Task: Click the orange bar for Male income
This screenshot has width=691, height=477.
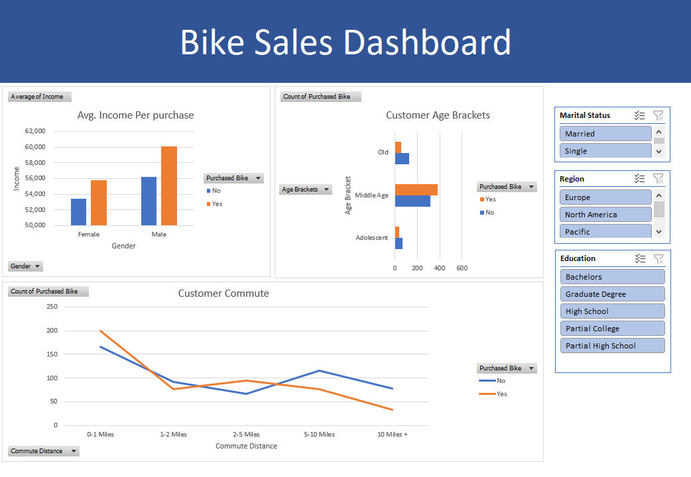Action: pyautogui.click(x=169, y=185)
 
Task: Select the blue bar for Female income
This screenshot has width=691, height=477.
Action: pyautogui.click(x=78, y=212)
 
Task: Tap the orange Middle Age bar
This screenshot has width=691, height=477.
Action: pyautogui.click(x=416, y=189)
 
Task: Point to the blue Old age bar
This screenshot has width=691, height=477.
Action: pyautogui.click(x=402, y=158)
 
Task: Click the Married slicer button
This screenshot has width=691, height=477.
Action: pyautogui.click(x=605, y=134)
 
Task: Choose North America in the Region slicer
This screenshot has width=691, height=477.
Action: pyautogui.click(x=605, y=215)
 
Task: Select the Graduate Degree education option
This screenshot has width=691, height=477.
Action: pyautogui.click(x=612, y=294)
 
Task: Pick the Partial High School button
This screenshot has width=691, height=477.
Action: pyautogui.click(x=612, y=346)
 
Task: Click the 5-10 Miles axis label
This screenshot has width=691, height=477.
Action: pyautogui.click(x=320, y=435)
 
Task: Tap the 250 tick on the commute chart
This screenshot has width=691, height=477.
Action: pyautogui.click(x=52, y=307)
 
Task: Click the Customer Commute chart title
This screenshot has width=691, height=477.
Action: pyautogui.click(x=223, y=293)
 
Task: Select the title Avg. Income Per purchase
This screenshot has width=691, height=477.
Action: pyautogui.click(x=135, y=115)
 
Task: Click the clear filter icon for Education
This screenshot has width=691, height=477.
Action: pyautogui.click(x=658, y=258)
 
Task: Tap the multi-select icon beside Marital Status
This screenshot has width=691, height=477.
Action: pyautogui.click(x=639, y=115)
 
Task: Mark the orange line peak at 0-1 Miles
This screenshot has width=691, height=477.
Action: pyautogui.click(x=101, y=331)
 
